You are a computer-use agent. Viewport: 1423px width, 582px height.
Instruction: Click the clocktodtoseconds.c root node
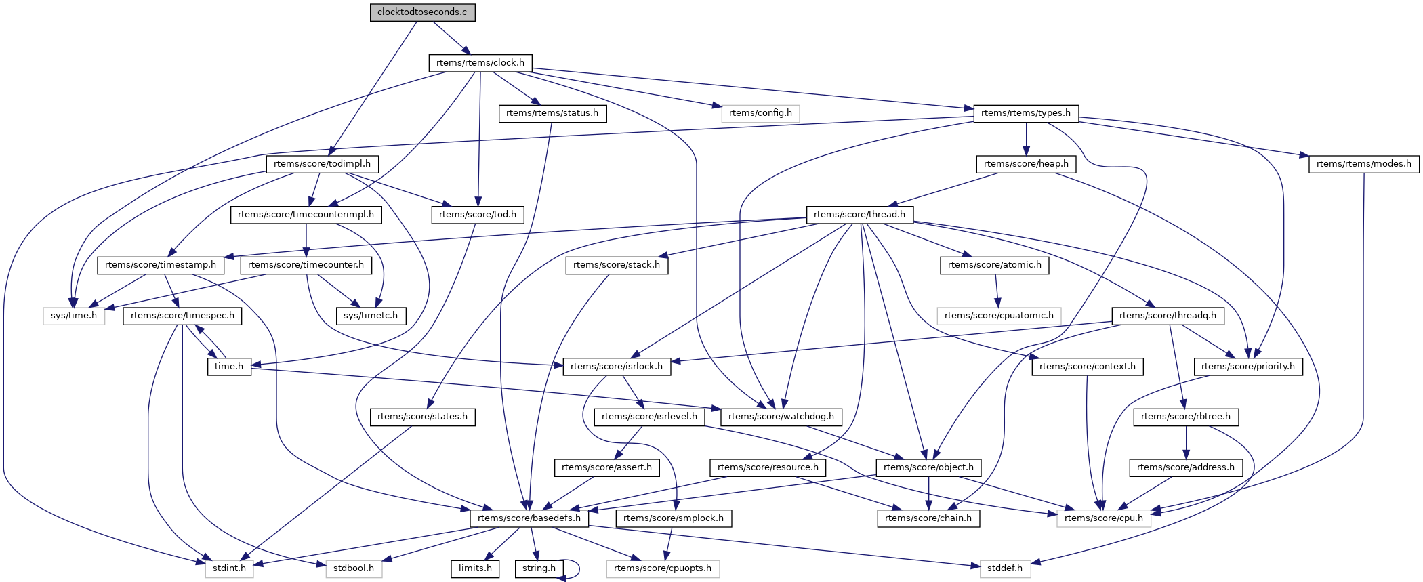click(422, 12)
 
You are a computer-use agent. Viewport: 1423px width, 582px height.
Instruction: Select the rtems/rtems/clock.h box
click(480, 63)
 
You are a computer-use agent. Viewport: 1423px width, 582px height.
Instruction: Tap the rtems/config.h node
click(760, 113)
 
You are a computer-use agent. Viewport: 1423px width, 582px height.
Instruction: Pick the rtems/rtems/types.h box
click(1026, 113)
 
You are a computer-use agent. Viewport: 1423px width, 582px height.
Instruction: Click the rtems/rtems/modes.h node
click(1363, 164)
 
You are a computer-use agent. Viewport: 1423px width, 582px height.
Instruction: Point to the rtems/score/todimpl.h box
click(323, 164)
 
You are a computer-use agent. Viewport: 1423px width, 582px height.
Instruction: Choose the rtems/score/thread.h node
click(859, 215)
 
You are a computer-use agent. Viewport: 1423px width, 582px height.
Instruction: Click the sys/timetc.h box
click(371, 316)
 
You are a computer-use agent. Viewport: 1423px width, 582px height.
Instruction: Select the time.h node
click(229, 367)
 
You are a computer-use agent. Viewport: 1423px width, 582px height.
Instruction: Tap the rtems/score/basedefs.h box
click(529, 518)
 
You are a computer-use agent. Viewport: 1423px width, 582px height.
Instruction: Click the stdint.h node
click(229, 568)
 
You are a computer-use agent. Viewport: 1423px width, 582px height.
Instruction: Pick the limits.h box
click(475, 568)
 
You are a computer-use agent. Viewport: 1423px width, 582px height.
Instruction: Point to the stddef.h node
click(1005, 568)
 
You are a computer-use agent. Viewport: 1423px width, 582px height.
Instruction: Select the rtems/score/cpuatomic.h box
click(999, 316)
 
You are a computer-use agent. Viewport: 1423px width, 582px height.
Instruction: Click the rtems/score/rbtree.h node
click(1186, 417)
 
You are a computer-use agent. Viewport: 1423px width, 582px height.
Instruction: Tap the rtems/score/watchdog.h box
click(781, 417)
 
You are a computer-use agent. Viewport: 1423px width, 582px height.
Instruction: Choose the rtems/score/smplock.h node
click(674, 518)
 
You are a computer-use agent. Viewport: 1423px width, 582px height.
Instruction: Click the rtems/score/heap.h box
click(1026, 164)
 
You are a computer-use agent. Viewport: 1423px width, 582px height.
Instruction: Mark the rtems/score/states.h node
click(422, 417)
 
